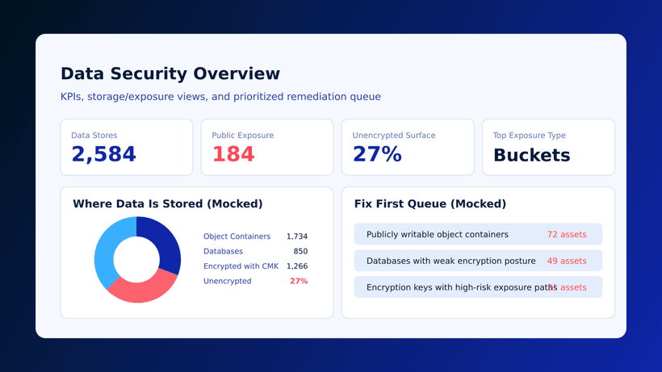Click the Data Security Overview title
click(170, 74)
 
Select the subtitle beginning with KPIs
click(220, 97)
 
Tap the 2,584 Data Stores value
click(103, 154)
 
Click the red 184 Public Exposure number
click(233, 154)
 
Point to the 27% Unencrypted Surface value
click(377, 154)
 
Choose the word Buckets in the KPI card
click(531, 155)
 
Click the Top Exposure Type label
click(529, 136)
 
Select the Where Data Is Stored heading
click(167, 204)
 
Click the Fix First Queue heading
click(429, 204)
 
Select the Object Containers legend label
click(237, 236)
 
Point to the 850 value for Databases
click(300, 252)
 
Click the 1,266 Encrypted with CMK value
click(296, 266)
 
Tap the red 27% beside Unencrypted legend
click(298, 282)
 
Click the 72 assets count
click(567, 235)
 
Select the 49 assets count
click(567, 261)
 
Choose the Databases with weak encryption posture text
click(450, 261)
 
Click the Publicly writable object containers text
click(437, 235)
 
